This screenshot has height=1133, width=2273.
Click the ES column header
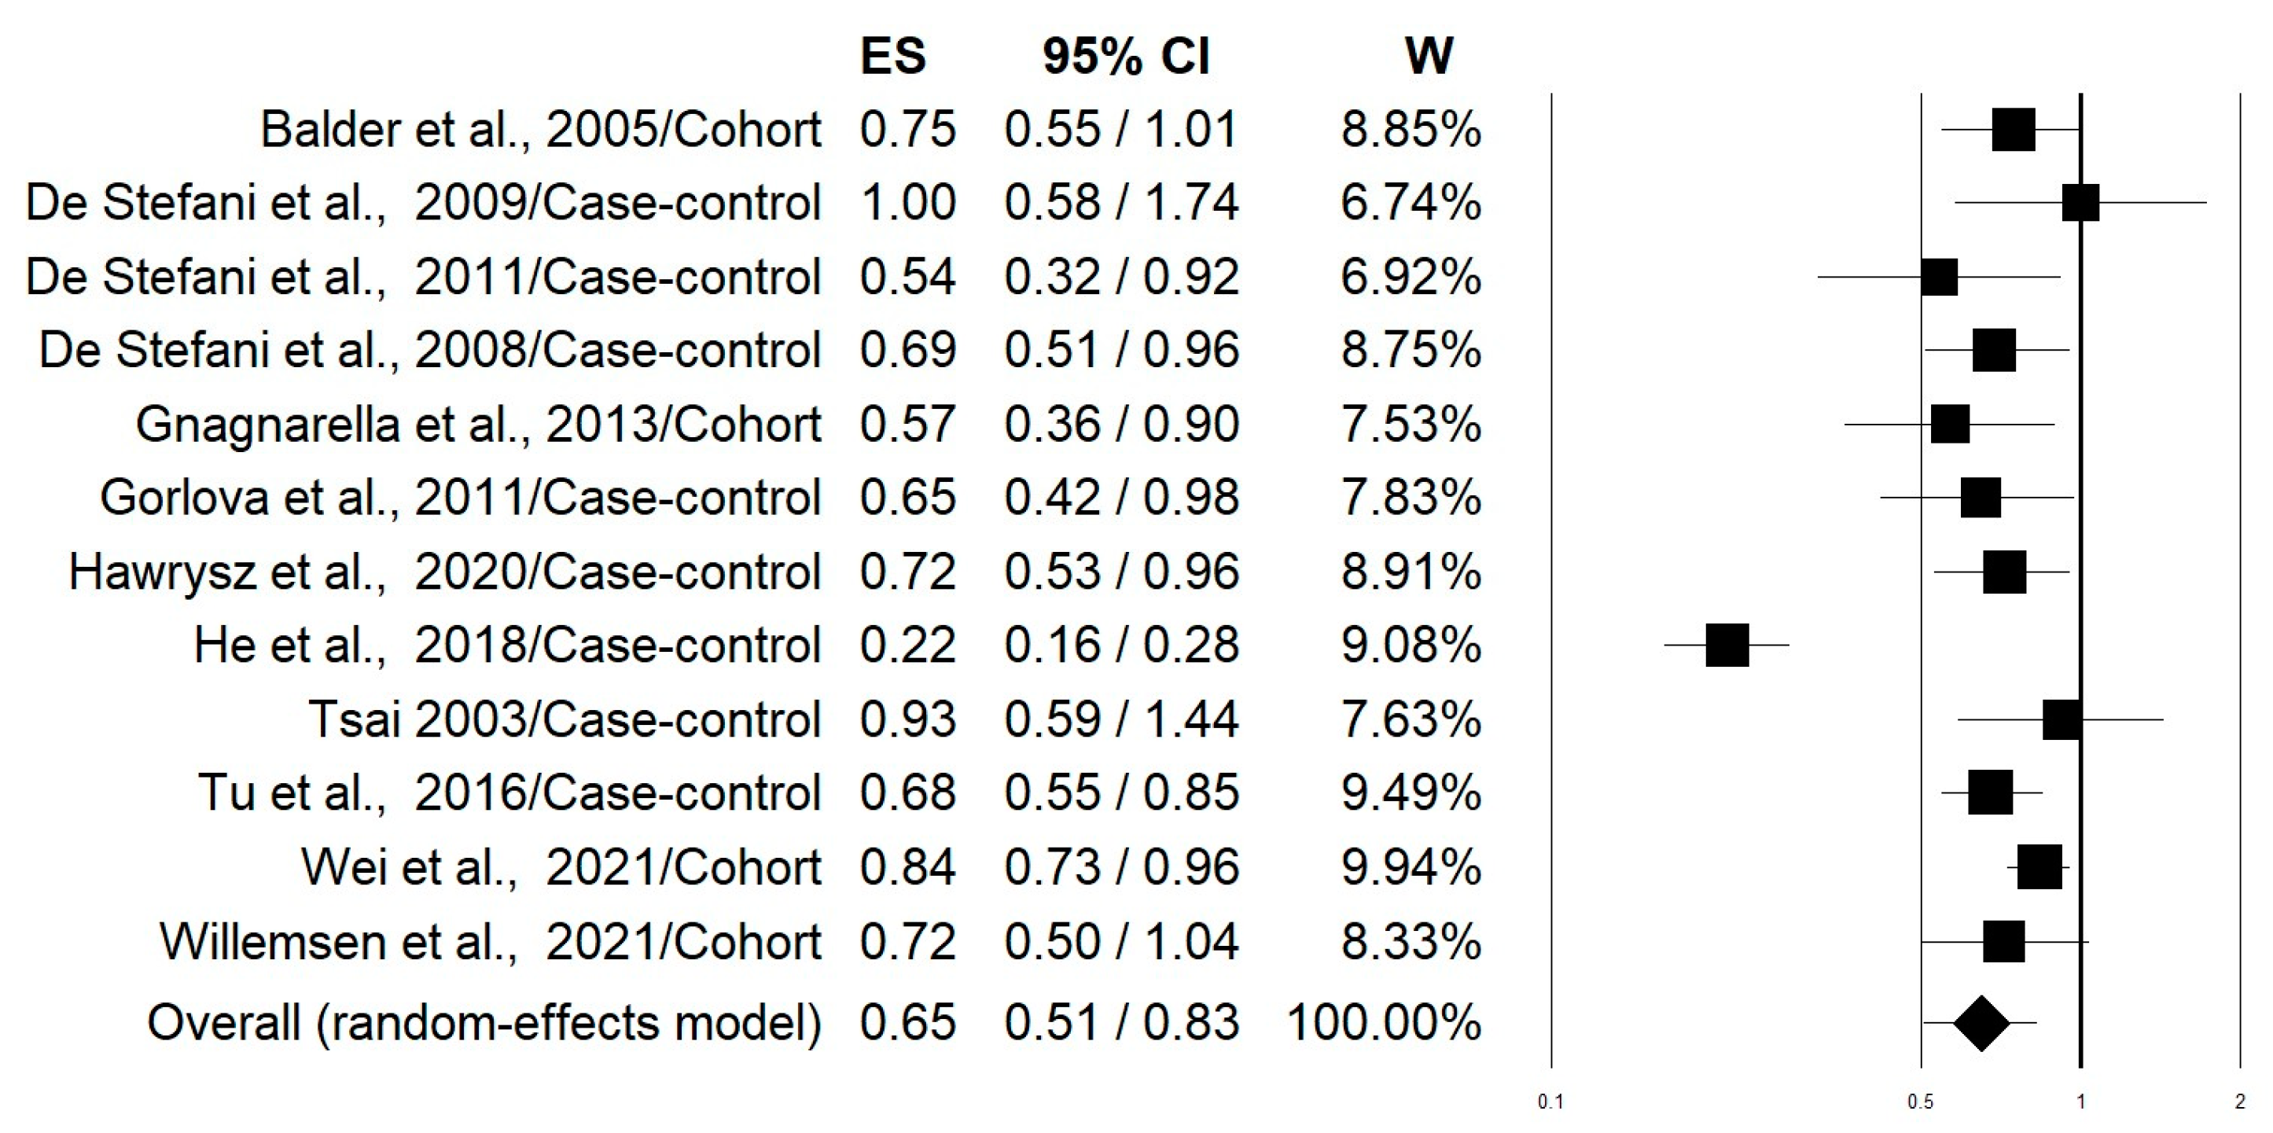(892, 57)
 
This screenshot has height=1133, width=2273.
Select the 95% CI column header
(1126, 57)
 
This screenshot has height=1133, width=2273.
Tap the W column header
(1429, 57)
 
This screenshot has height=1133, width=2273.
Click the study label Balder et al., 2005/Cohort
(541, 130)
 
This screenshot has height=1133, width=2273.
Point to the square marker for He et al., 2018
(1727, 645)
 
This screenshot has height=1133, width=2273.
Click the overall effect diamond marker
(1981, 1024)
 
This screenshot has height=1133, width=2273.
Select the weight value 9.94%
(1410, 867)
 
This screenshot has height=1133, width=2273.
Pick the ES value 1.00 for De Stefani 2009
(907, 203)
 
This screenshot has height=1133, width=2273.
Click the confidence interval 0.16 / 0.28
(1121, 645)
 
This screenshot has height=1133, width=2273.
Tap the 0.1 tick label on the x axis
(1550, 1102)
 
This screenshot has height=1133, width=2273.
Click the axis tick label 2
(2239, 1102)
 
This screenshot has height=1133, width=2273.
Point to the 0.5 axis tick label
(1920, 1102)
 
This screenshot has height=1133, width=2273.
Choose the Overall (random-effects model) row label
(484, 1024)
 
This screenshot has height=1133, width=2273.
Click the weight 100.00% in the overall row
(1384, 1024)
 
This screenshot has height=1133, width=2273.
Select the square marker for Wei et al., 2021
(2039, 867)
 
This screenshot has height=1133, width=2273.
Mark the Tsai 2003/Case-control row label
(565, 719)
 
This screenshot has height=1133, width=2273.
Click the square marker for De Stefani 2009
(2080, 203)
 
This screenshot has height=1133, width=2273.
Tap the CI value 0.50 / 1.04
(1121, 941)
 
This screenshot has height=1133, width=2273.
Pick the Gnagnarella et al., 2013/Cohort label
(478, 425)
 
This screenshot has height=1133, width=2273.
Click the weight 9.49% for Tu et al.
(1410, 793)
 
